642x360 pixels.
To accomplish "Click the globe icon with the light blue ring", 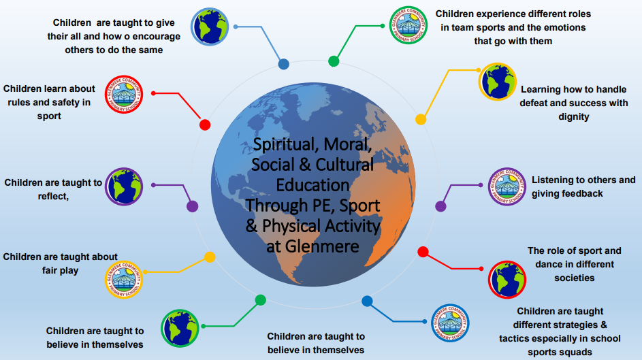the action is tap(210, 27).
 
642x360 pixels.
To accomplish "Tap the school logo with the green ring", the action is tap(408, 25).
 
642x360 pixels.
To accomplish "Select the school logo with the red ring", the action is tap(124, 95).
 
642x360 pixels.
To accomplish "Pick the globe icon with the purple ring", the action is tap(124, 186).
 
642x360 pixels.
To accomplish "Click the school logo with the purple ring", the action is tap(507, 186).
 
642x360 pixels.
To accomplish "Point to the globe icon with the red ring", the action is tap(507, 280).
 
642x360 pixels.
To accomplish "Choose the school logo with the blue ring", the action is tap(451, 323).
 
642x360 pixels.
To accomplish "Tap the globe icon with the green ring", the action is tap(180, 328).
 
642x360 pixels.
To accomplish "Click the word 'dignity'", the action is tap(574, 117).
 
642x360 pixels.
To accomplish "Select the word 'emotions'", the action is tap(566, 27).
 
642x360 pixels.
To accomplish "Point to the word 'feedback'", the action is tap(583, 193).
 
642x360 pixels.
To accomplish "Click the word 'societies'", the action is tap(575, 278).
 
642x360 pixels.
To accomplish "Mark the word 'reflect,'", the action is tap(53, 197).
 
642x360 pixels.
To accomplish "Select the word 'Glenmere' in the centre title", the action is tap(322, 246).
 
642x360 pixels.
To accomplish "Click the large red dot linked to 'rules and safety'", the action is tap(205, 125).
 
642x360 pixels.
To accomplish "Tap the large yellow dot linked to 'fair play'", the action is tap(210, 257).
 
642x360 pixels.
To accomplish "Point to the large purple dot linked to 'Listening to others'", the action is tap(440, 206).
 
